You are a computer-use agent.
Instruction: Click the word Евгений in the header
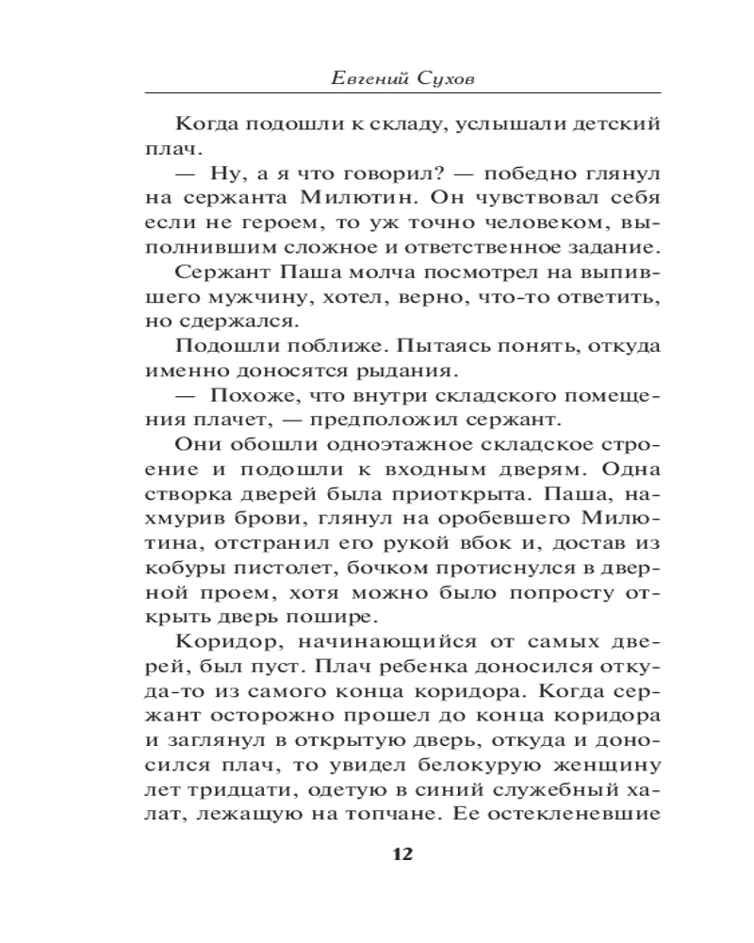pyautogui.click(x=370, y=78)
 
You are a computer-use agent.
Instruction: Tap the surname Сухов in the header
pyautogui.click(x=447, y=78)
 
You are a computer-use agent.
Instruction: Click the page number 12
pyautogui.click(x=402, y=855)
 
